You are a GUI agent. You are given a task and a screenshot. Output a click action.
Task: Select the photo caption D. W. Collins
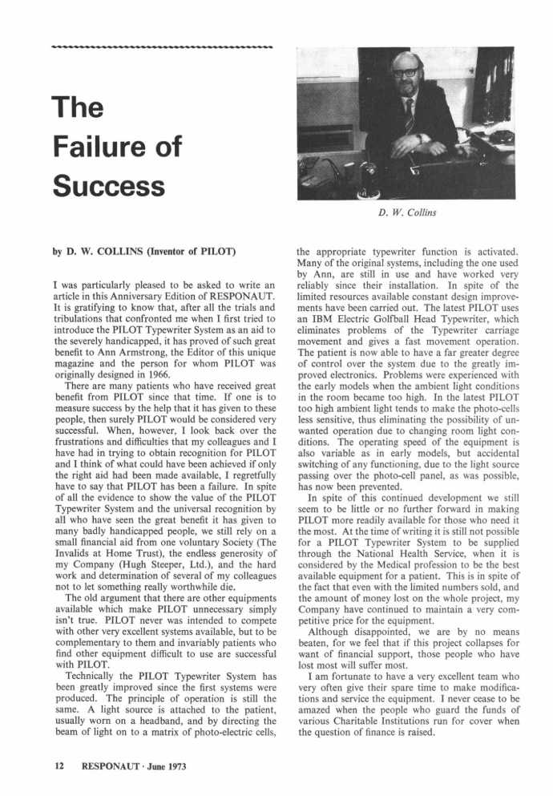point(406,214)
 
